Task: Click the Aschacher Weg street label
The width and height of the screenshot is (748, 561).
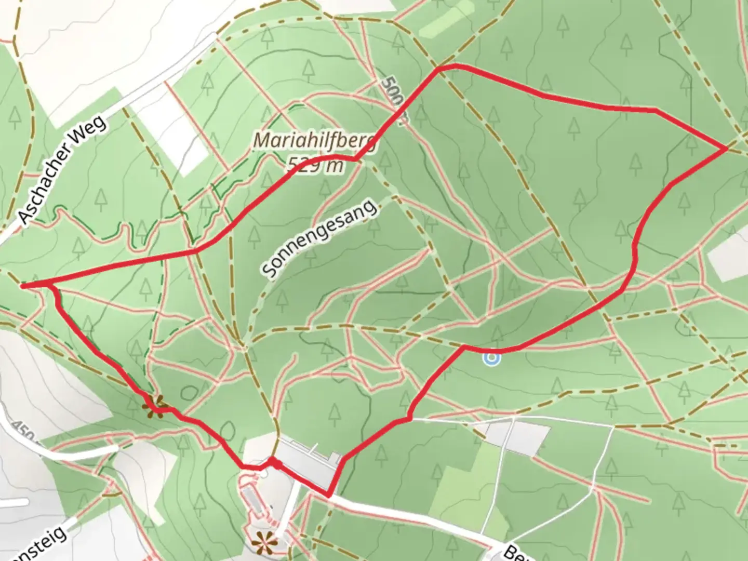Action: coord(62,170)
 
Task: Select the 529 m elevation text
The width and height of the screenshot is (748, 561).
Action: coord(315,166)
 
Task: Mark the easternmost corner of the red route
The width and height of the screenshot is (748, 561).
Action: coord(726,149)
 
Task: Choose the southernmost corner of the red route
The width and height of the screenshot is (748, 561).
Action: coord(328,495)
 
